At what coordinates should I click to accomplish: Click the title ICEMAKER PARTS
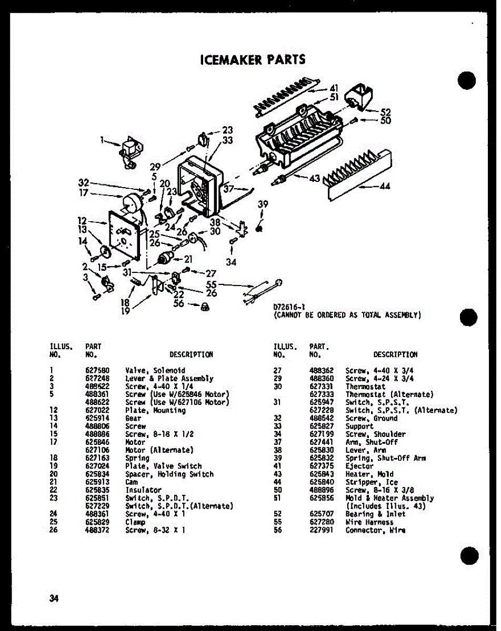pos(253,59)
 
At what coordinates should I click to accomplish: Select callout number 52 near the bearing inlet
pos(385,111)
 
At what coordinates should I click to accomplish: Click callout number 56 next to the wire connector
pos(179,303)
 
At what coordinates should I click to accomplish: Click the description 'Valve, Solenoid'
pos(155,371)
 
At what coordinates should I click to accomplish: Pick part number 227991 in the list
pos(319,530)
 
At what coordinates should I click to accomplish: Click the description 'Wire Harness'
pos(369,522)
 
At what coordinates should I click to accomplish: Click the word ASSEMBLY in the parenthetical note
pos(402,315)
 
